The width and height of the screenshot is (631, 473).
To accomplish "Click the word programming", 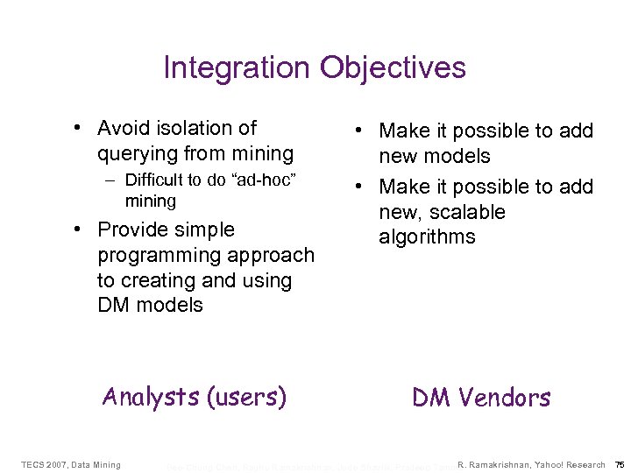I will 155,255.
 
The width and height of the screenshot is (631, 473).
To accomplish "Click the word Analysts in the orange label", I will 151,397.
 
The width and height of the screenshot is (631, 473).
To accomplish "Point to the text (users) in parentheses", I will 246,397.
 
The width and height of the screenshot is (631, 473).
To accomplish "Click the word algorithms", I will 427,236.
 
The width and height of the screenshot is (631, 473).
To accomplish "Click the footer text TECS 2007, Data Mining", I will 71,464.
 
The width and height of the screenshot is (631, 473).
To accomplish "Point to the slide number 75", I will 620,464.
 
